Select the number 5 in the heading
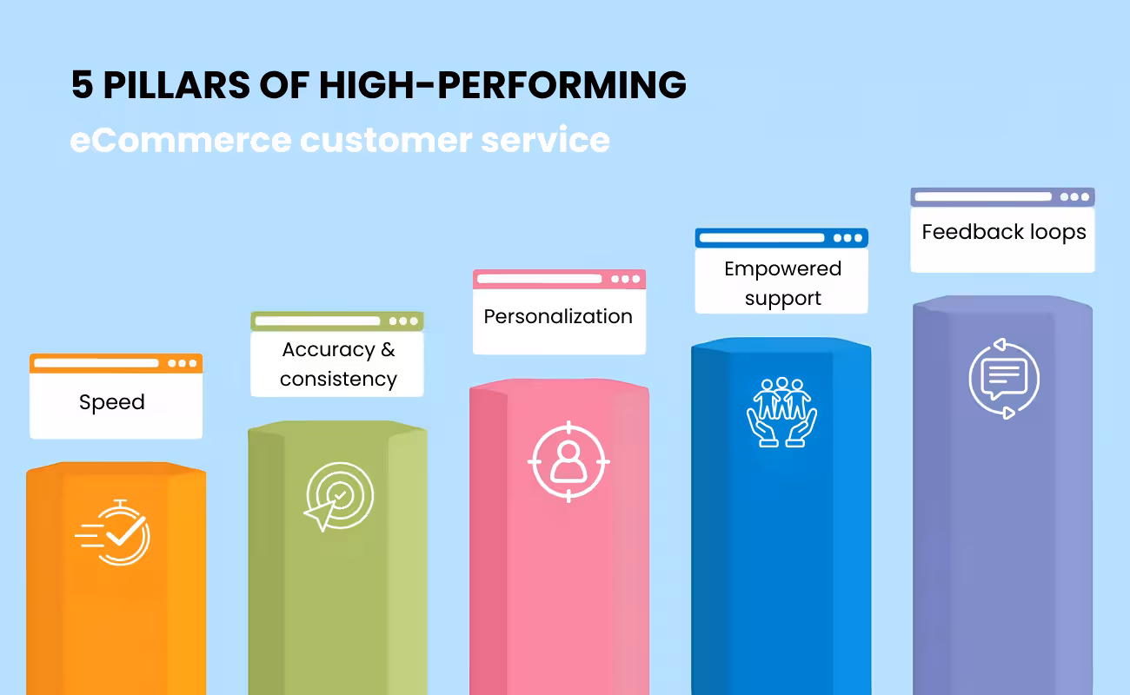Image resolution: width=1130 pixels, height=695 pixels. [81, 85]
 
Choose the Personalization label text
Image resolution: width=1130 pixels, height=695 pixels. [558, 316]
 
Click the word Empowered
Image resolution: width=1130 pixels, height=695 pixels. [782, 269]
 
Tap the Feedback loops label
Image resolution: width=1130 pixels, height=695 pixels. [1003, 233]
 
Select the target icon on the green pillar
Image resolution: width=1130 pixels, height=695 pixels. [337, 496]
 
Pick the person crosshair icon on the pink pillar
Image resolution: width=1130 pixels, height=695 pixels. [568, 460]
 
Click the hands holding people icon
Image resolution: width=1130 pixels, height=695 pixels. [782, 412]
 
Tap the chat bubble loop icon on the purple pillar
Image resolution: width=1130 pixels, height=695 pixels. [1004, 378]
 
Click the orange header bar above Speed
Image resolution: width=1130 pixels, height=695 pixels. [116, 363]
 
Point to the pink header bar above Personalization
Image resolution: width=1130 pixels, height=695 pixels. [559, 279]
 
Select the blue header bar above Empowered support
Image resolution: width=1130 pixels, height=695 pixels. [781, 238]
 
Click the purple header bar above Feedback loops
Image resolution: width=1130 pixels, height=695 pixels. [1002, 197]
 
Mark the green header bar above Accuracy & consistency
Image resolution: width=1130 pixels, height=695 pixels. [337, 321]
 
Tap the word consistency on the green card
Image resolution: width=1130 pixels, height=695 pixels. [338, 380]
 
